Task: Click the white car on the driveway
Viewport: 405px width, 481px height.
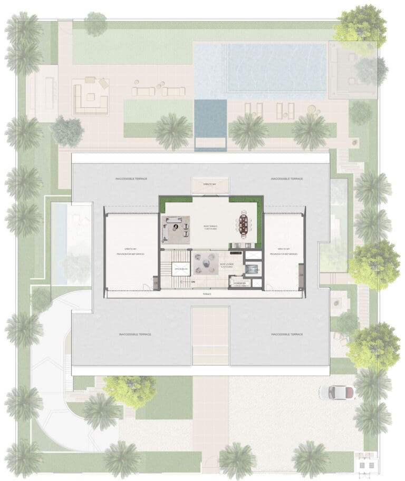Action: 336,392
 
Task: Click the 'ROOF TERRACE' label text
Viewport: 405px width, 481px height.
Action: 210,227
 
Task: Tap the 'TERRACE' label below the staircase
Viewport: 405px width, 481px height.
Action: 208,294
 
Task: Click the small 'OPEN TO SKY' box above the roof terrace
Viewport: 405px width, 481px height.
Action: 210,184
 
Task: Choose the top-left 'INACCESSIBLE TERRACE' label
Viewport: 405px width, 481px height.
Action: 131,179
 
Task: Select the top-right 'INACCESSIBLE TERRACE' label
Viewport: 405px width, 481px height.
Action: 287,179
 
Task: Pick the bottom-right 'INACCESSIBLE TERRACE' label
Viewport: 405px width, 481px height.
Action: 287,335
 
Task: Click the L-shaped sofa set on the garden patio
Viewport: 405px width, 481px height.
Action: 91,96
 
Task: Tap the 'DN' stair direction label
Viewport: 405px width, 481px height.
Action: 194,282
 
